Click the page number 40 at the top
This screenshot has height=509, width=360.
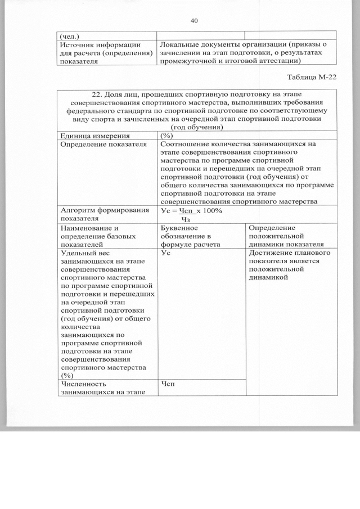(194, 21)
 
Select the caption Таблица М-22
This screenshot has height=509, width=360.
(312, 77)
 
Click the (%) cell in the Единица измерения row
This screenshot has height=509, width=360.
(166, 136)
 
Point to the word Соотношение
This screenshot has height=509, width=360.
(188, 144)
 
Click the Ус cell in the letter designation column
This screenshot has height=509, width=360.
(166, 254)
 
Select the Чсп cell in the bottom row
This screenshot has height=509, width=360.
(168, 384)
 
